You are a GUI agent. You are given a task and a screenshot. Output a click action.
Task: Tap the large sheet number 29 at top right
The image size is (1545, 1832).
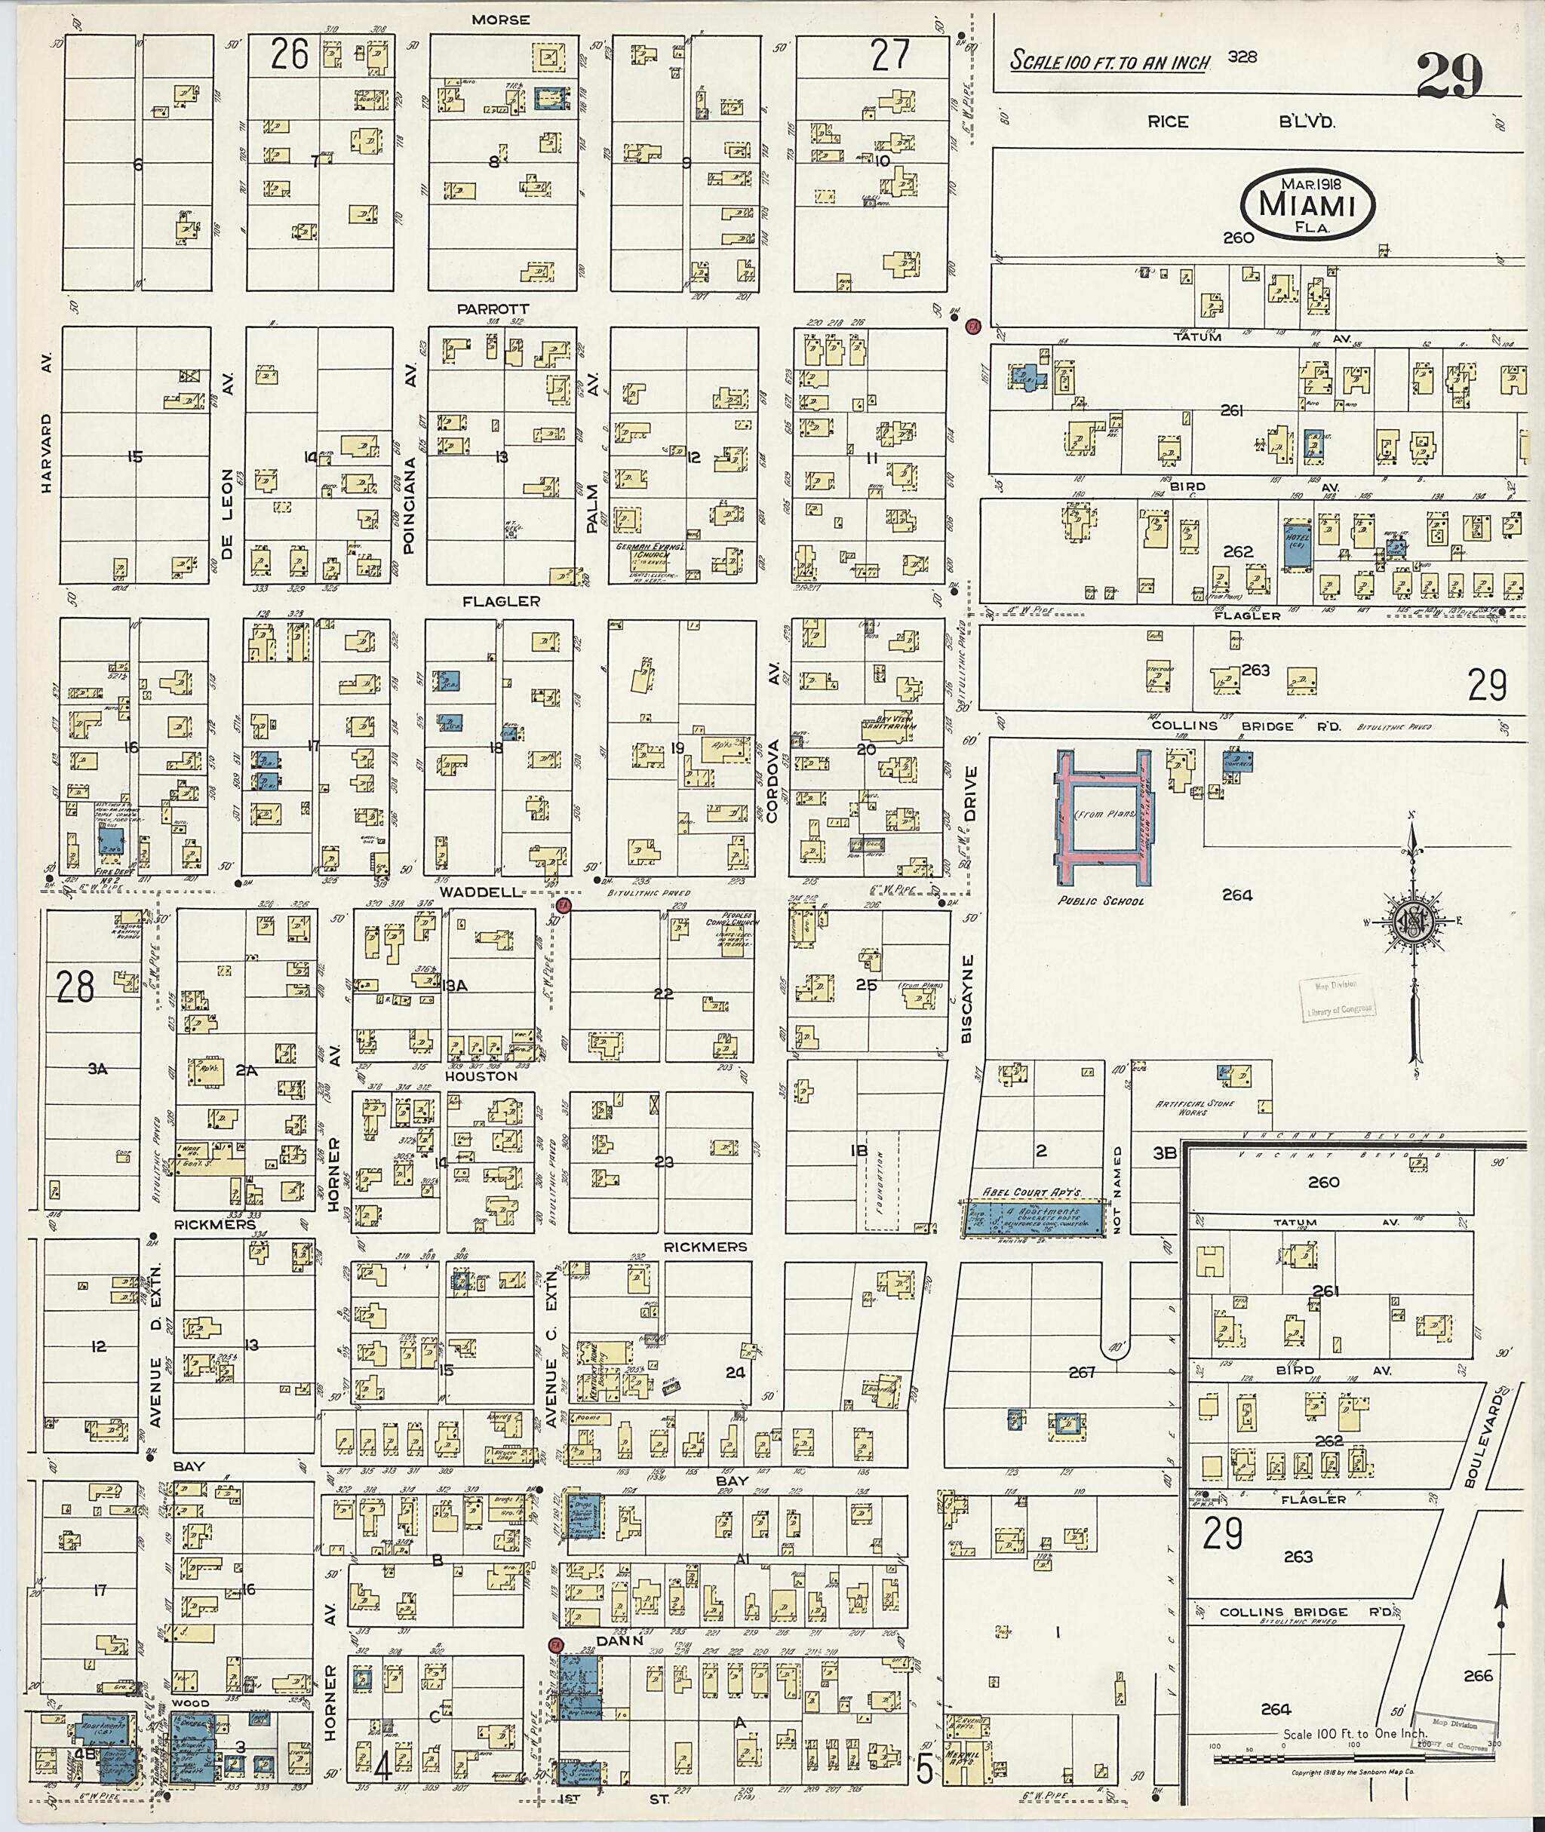pos(1451,77)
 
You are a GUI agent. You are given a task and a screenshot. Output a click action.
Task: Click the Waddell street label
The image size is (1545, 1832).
pos(481,891)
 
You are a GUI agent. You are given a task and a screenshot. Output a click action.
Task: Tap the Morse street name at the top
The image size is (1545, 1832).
pos(500,20)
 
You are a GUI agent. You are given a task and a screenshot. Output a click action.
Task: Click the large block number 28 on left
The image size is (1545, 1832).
pos(75,987)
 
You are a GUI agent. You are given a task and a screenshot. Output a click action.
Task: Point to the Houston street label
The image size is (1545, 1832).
pos(481,1076)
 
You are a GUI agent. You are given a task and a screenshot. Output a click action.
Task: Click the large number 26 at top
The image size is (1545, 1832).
pos(289,55)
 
